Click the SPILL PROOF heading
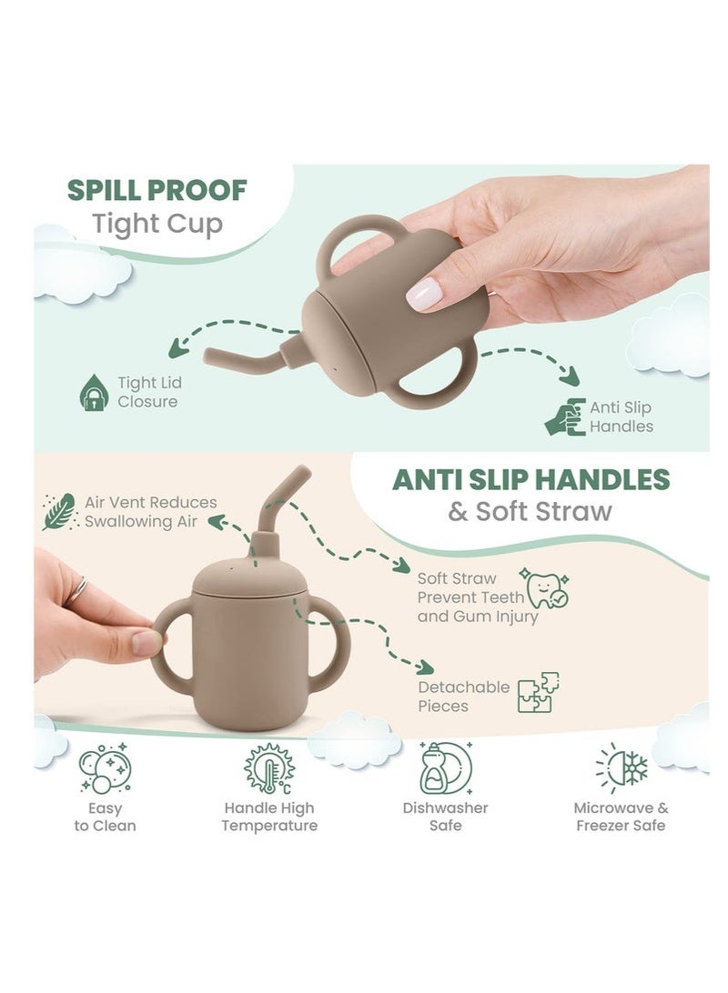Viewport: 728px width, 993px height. [157, 190]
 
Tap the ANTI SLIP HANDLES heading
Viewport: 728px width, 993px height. [531, 479]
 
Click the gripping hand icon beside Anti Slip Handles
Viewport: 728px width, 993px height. [565, 416]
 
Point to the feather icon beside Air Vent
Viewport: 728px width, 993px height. [59, 511]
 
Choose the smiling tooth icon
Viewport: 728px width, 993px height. [543, 588]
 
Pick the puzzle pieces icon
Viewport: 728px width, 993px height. [537, 693]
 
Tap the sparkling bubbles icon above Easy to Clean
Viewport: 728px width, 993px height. [105, 768]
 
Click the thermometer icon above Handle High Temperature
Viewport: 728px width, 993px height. [269, 768]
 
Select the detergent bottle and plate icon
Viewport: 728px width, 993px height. [445, 768]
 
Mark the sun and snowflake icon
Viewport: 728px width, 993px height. [622, 768]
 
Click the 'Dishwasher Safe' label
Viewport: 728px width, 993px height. [445, 817]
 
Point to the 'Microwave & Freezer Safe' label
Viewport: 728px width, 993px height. [621, 817]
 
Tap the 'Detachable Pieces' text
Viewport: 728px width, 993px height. [463, 697]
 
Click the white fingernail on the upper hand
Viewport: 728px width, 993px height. [424, 294]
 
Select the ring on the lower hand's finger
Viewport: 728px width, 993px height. [76, 591]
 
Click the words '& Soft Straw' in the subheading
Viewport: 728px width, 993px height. [530, 511]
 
